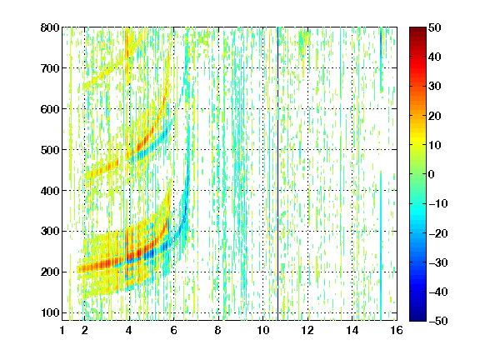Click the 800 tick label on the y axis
50,27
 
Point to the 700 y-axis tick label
50,68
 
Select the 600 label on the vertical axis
50,109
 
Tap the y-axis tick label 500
50,150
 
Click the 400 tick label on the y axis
50,190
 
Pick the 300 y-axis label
50,231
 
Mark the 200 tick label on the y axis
50,272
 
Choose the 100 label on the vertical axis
50,312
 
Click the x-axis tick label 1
62,330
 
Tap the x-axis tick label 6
174,330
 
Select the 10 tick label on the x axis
263,330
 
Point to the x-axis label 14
352,330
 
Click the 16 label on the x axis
397,330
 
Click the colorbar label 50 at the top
435,27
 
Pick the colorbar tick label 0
432,174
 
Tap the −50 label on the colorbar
438,321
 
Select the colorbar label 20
435,116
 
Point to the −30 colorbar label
438,262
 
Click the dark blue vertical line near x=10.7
277,173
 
